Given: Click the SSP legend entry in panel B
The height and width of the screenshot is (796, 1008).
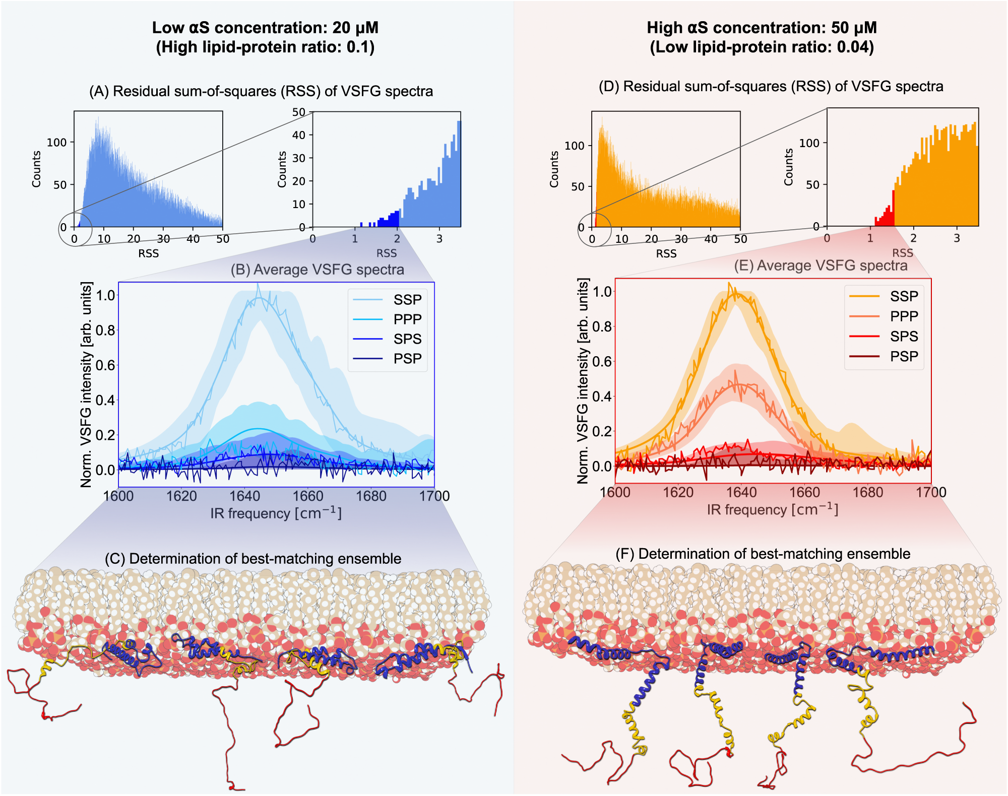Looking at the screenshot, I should (407, 300).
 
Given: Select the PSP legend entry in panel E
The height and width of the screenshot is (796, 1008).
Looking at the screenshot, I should (903, 357).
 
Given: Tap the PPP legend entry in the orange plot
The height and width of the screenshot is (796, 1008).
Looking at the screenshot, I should (903, 316).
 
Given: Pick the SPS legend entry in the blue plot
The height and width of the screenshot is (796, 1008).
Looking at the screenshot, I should (407, 339).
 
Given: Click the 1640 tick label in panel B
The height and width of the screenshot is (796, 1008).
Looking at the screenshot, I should (244, 496).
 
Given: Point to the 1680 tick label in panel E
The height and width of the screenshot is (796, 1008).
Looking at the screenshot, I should (867, 492).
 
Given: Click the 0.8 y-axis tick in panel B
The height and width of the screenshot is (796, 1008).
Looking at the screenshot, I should (106, 330).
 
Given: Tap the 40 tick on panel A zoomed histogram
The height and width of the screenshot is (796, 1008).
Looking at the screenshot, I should (299, 135).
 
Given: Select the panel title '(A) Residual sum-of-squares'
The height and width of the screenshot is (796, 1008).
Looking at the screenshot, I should (261, 91).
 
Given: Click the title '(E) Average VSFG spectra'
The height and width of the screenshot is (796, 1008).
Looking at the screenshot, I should (821, 266).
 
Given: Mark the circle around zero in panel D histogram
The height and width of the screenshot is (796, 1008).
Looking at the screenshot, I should (594, 229).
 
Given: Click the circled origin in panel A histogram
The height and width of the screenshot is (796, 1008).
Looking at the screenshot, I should (76, 229).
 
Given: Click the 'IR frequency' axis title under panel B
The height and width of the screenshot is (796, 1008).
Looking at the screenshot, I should (276, 513).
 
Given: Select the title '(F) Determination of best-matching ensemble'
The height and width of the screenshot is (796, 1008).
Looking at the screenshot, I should (763, 554).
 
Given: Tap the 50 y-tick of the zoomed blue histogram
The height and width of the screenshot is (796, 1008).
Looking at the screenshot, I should (299, 112).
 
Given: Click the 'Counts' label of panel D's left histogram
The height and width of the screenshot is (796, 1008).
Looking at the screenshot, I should (554, 169).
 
